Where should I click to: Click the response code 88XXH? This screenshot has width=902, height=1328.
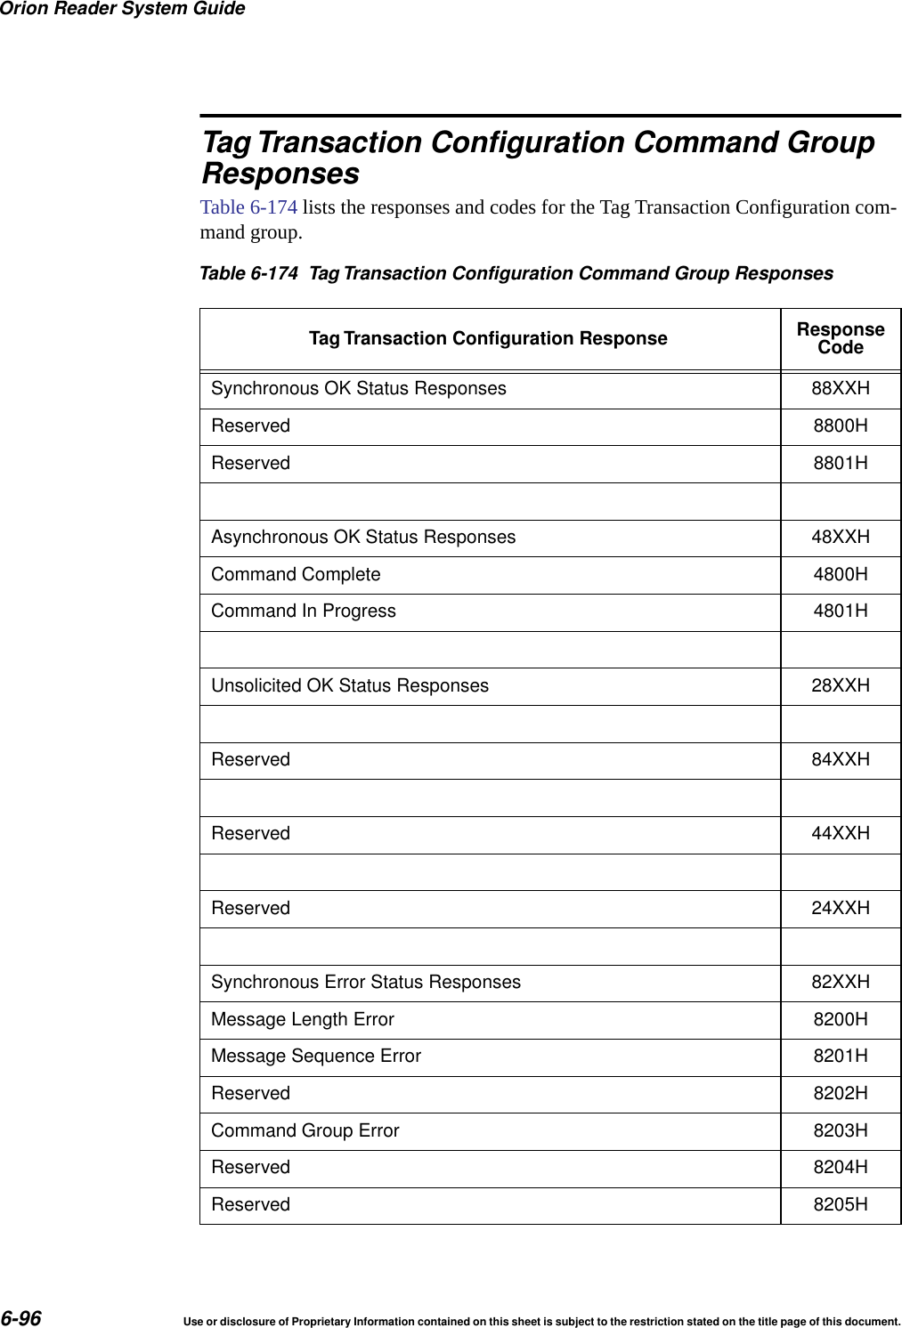840,389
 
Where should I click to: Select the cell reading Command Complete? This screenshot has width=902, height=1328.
296,575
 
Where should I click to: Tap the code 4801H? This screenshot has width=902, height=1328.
840,611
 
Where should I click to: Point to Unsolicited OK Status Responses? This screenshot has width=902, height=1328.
350,686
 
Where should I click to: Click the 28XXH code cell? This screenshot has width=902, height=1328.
840,686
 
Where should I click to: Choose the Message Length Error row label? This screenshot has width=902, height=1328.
303,1020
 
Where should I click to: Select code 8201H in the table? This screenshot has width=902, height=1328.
840,1057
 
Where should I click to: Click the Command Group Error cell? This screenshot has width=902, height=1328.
305,1131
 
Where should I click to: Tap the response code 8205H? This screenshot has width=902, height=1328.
840,1205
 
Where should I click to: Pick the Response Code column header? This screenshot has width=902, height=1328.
840,339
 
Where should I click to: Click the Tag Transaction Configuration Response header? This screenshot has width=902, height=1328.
488,339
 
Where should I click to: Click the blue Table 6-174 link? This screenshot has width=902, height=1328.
248,207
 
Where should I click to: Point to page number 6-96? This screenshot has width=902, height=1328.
21,1318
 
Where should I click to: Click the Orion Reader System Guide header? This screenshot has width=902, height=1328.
123,9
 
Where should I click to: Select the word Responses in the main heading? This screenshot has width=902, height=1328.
280,173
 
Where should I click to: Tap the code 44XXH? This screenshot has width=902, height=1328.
840,834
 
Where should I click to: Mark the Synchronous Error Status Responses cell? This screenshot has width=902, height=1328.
366,983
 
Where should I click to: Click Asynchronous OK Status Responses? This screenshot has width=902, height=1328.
363,538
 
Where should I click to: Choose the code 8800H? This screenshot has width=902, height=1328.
840,426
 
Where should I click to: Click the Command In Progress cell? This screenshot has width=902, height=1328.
304,611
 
